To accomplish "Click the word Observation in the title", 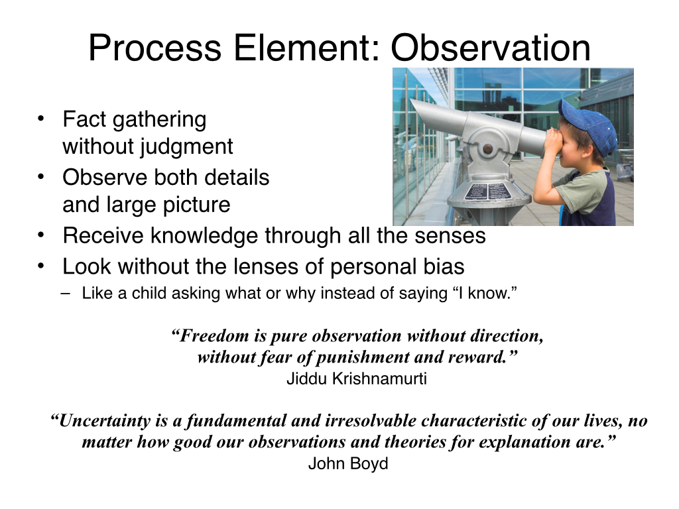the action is click(491, 48).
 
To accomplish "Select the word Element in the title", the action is click(307, 48).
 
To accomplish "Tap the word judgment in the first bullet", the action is click(186, 147).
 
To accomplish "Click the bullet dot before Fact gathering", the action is click(40, 119).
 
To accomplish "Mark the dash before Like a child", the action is click(66, 294).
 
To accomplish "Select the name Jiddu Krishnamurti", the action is click(357, 378).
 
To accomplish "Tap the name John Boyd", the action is click(348, 463).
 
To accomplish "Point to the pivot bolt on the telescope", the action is click(487, 149).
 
